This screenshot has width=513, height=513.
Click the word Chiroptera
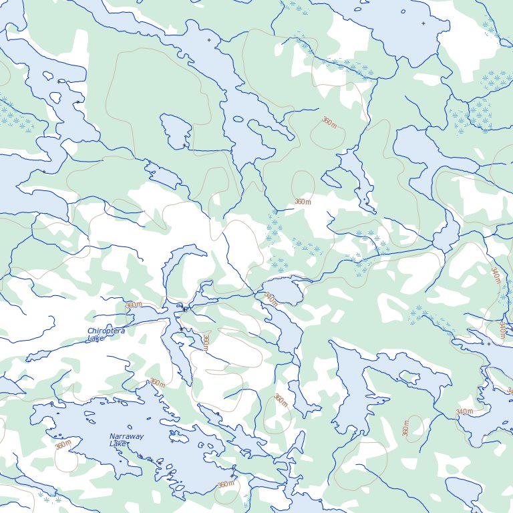coord(106,331)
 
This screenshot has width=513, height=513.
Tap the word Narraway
coord(126,437)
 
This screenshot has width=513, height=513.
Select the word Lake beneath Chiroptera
coord(96,339)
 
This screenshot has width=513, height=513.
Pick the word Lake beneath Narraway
coord(118,444)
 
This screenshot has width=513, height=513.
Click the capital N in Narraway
coord(112,437)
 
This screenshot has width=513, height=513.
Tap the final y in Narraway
coord(141,438)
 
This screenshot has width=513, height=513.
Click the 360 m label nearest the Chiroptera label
coord(134,305)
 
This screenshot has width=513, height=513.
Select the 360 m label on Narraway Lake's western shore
coord(63,445)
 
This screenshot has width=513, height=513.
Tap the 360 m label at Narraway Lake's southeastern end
coord(226,484)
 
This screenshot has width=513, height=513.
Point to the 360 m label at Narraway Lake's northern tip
coord(157,383)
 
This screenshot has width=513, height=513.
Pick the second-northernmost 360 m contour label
coord(303,201)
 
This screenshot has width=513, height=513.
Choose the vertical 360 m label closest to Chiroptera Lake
coord(206,343)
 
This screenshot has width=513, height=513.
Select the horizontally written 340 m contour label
coord(464,411)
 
